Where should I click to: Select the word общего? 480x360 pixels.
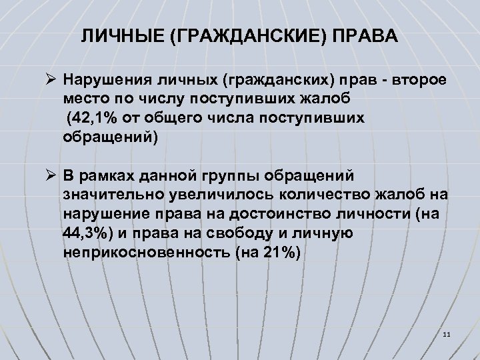tap(165, 119)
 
